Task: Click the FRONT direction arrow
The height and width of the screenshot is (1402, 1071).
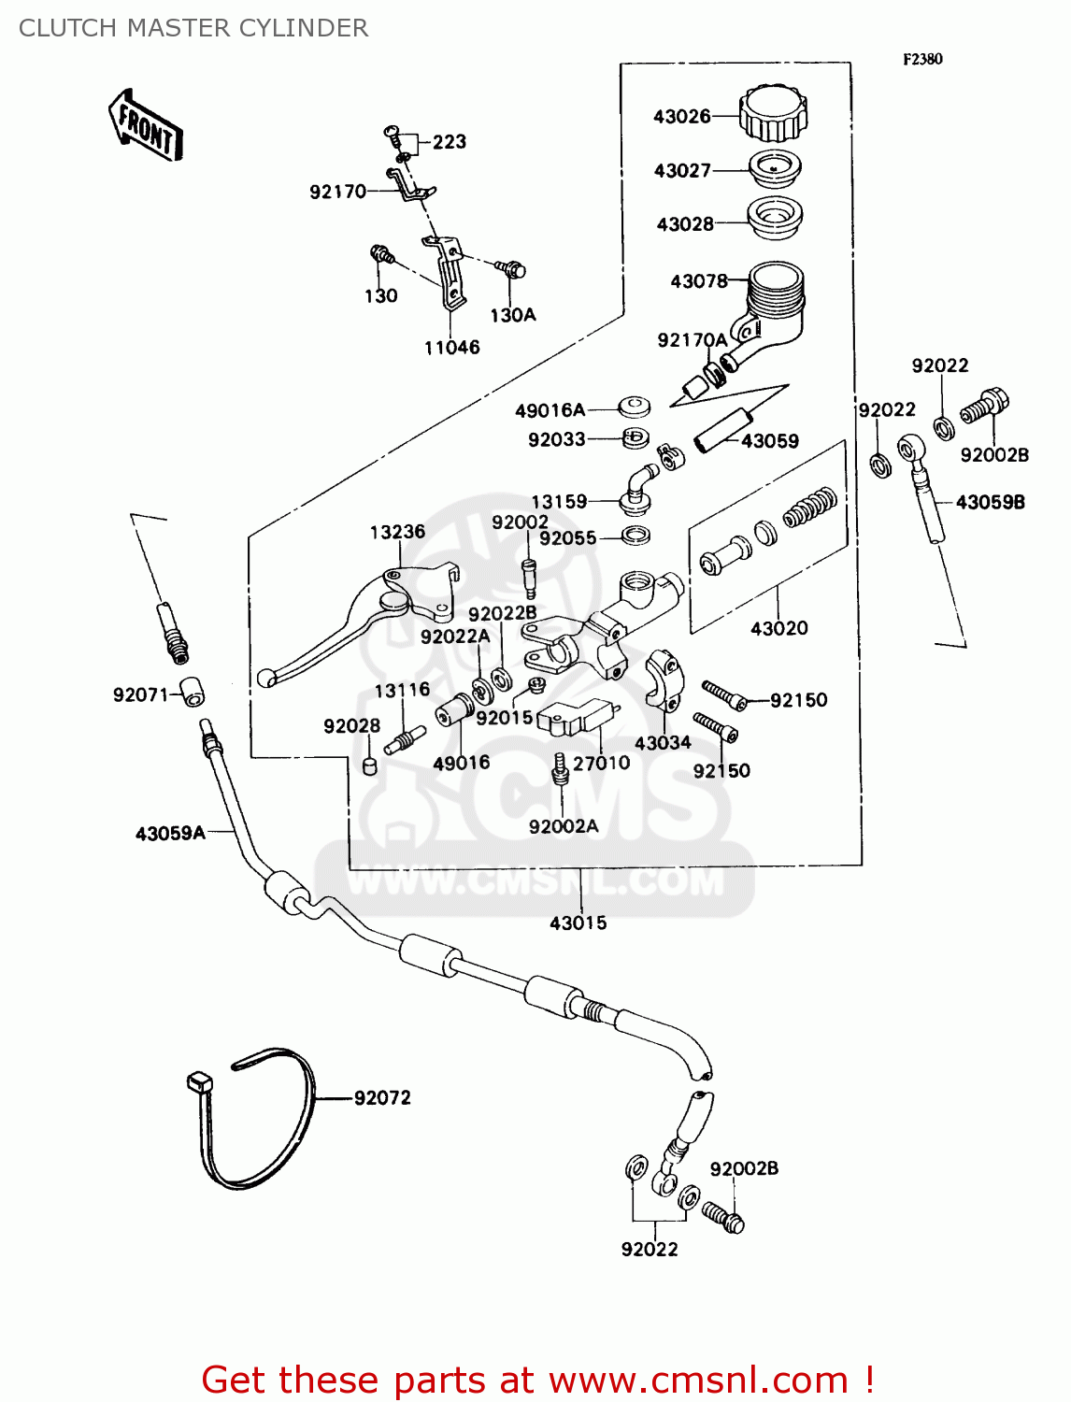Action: tap(146, 125)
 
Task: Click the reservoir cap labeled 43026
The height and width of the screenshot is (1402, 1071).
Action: tap(773, 113)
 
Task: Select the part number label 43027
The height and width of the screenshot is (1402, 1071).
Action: tap(682, 170)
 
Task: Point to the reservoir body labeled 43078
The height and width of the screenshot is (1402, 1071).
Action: tap(774, 304)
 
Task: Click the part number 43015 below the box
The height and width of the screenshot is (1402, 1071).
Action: tap(578, 923)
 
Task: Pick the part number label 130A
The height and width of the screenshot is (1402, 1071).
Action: tap(512, 315)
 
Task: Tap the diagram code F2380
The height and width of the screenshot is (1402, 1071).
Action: tap(922, 59)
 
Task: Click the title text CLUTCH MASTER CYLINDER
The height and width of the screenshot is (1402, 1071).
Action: tap(193, 28)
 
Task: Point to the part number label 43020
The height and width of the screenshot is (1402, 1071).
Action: tap(778, 628)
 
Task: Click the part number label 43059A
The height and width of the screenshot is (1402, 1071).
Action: tap(170, 833)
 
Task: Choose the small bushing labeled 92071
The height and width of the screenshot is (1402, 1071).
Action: tap(192, 693)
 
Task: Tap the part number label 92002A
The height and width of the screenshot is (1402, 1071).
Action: tap(563, 826)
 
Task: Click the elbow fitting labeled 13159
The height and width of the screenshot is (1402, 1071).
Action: tap(637, 490)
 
